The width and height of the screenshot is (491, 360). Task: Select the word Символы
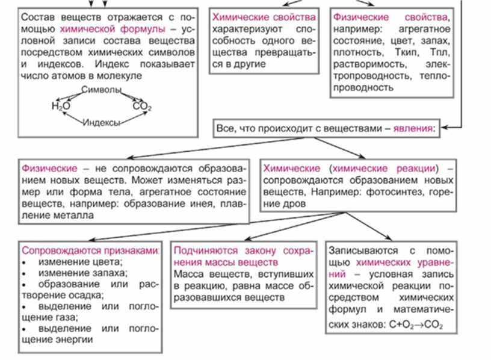click(101, 89)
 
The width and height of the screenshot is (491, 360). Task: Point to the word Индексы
click(101, 122)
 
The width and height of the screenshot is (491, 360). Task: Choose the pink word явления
click(413, 128)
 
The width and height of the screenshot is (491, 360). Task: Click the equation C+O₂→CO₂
click(421, 325)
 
